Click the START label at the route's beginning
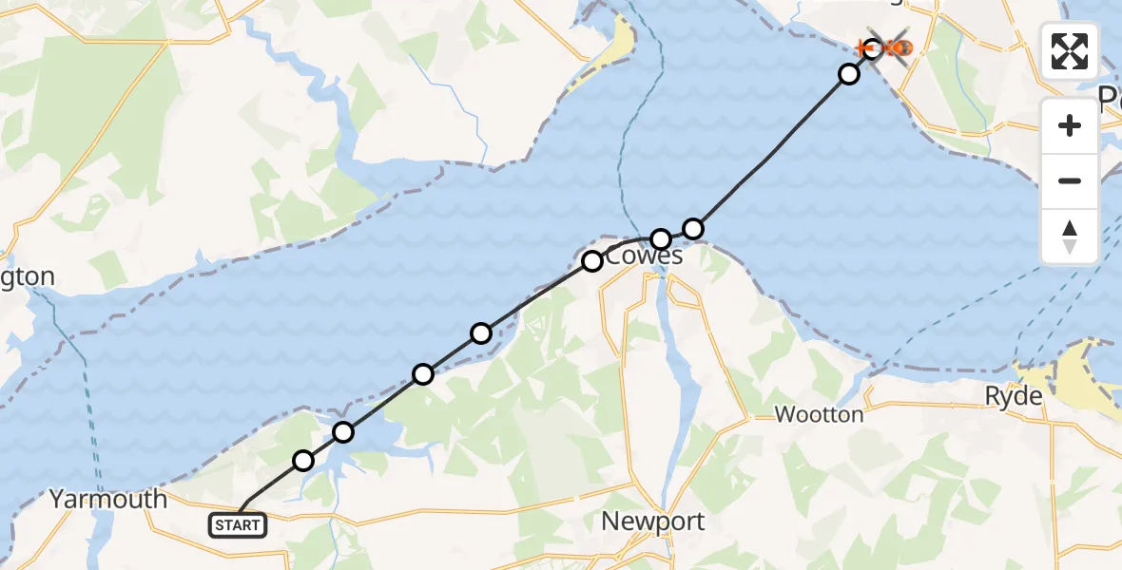click(x=237, y=525)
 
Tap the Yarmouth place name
click(x=107, y=499)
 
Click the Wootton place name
click(x=819, y=414)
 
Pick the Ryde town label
click(x=1014, y=396)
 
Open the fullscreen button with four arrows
click(x=1070, y=51)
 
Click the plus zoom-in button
click(x=1070, y=125)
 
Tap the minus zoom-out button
click(x=1070, y=180)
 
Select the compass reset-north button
click(x=1070, y=237)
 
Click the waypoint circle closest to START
click(x=302, y=461)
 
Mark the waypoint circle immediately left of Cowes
click(x=592, y=260)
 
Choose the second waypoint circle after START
click(x=343, y=432)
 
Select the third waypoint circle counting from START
click(x=423, y=374)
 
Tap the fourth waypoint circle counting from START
click(x=481, y=332)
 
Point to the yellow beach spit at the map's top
click(x=620, y=43)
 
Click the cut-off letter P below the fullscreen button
click(x=1110, y=99)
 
